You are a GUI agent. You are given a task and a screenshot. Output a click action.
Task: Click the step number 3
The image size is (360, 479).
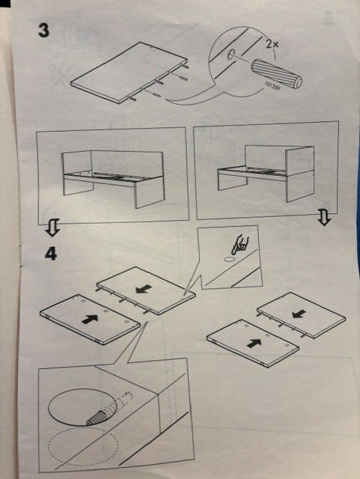[x=43, y=31]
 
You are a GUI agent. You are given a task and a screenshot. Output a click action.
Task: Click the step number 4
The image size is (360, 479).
[x=51, y=254]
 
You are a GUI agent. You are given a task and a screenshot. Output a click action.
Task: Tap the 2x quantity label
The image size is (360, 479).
[x=272, y=45]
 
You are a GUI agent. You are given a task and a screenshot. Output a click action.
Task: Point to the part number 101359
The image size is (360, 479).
[x=272, y=87]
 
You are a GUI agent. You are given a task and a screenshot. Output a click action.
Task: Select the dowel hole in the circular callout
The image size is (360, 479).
[x=231, y=55]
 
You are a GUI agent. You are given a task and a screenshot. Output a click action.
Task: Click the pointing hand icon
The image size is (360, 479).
[x=240, y=245]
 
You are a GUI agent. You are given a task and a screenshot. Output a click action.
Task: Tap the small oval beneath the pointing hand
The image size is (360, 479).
[x=230, y=260]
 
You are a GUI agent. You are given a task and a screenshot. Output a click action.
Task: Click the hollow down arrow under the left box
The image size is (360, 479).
[x=52, y=228]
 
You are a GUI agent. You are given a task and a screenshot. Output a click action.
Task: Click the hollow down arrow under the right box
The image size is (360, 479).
[x=325, y=217]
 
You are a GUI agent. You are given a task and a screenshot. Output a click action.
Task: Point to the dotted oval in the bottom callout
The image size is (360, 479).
[x=83, y=446]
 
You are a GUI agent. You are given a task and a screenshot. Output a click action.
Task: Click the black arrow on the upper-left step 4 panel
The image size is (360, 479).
[x=144, y=289]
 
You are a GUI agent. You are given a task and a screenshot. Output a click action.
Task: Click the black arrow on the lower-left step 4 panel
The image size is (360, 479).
[x=90, y=319]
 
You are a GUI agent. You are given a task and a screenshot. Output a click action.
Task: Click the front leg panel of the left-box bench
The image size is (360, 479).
[x=150, y=192]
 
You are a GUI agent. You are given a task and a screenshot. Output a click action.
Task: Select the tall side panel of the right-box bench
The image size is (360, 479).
[x=300, y=174]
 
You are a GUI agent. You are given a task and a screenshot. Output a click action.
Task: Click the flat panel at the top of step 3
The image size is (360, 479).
[x=128, y=72]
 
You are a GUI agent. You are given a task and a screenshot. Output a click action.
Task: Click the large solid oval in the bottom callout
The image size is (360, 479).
[x=82, y=407]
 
